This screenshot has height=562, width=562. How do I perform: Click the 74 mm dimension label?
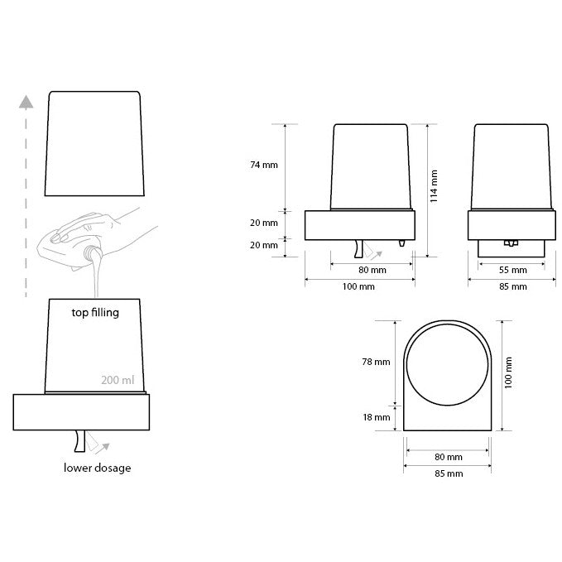[x=264, y=165]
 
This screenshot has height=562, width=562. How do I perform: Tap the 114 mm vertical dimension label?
[x=434, y=186]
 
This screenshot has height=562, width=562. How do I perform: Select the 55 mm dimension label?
[x=513, y=271]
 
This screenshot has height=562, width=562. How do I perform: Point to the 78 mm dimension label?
[x=376, y=362]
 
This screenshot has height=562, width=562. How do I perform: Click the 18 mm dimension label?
[x=376, y=417]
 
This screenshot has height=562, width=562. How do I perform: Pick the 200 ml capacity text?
[x=118, y=380]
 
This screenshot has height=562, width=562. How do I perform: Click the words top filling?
[x=95, y=313]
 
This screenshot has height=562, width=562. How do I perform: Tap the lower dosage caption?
[x=97, y=468]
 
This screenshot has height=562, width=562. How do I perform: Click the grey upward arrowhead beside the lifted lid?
[x=26, y=102]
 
